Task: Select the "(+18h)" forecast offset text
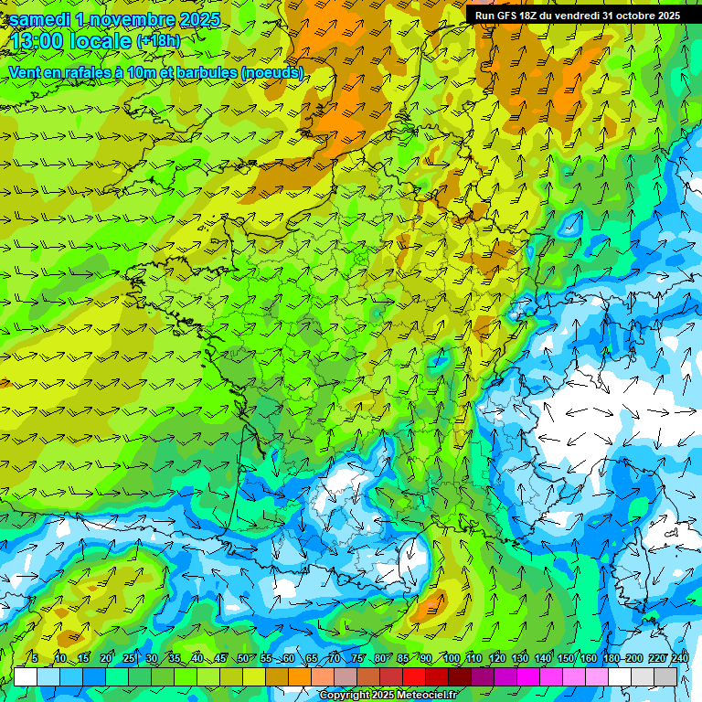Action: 158,41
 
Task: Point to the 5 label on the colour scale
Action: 35,658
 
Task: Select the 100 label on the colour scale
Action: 451,658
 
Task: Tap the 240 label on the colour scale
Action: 679,658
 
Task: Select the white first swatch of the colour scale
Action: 26,676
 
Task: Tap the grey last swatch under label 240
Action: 665,676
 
